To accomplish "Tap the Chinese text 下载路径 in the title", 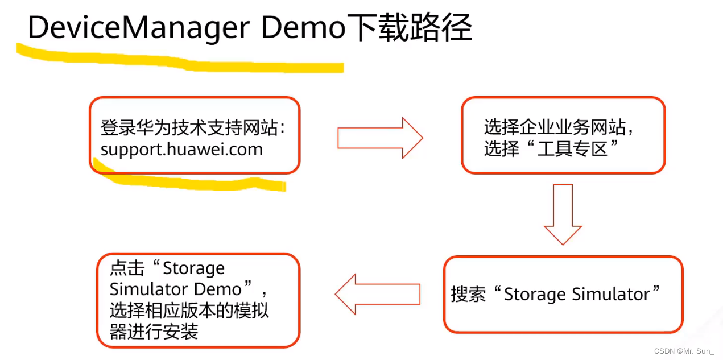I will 410,28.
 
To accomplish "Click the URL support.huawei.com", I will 181,150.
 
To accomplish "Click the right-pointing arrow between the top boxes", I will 380,138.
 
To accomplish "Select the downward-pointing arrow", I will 563,213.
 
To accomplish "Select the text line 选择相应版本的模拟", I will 189,311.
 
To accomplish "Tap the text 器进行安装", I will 154,332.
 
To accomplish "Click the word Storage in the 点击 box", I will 193,268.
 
